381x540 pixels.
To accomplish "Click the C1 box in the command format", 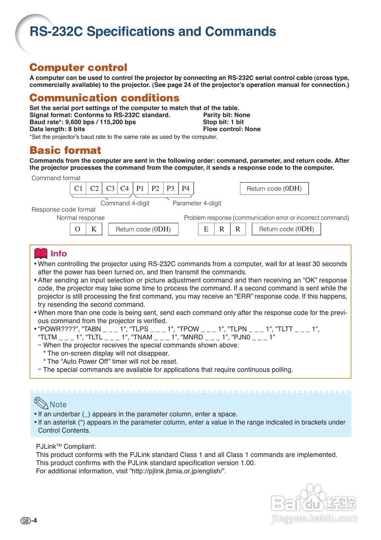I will tap(78, 189).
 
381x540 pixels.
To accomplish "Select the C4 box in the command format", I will tap(125, 189).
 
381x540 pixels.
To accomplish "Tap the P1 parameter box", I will tap(140, 189).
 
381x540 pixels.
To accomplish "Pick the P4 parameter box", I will tap(186, 189).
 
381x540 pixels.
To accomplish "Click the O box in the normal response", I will tap(78, 229).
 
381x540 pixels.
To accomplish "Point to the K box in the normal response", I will tap(94, 229).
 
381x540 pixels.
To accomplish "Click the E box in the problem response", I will tap(206, 229).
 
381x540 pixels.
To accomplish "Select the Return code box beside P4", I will tap(274, 189).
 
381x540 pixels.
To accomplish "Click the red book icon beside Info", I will tap(40, 254).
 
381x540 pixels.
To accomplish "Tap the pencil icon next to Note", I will tap(41, 404).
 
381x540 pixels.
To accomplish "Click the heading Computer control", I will tap(78, 67).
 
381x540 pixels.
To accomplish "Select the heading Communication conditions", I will tap(104, 98).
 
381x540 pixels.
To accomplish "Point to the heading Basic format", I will tap(65, 150).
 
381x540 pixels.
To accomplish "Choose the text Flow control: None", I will tap(232, 129).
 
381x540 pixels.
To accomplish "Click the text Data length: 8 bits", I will tap(57, 129).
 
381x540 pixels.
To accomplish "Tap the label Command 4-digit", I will tap(125, 203).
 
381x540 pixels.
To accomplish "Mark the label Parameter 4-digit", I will tap(197, 203).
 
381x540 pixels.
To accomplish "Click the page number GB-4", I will tap(29, 521).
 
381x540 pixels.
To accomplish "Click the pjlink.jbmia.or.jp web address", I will tap(177, 471).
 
